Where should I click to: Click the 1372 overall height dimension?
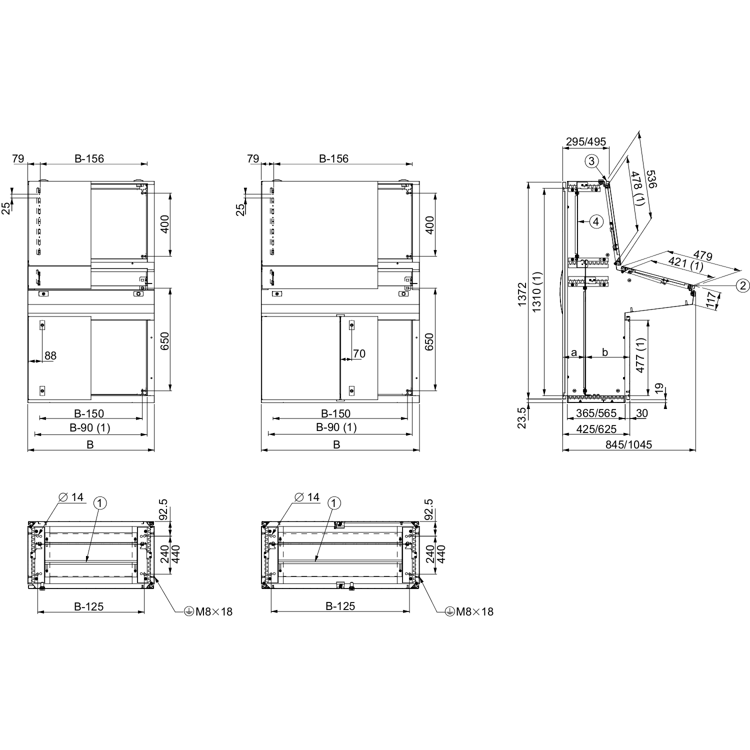pyautogui.click(x=522, y=294)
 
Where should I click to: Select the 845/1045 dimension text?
pyautogui.click(x=629, y=444)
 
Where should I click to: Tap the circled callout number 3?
pyautogui.click(x=591, y=161)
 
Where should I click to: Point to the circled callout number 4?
pyautogui.click(x=596, y=221)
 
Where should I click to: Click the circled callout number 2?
pyautogui.click(x=742, y=285)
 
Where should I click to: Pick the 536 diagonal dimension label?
pyautogui.click(x=651, y=179)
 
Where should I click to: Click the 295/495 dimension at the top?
pyautogui.click(x=586, y=142)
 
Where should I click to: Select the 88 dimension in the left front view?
pyautogui.click(x=50, y=355)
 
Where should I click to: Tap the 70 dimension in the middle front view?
pyautogui.click(x=359, y=354)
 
